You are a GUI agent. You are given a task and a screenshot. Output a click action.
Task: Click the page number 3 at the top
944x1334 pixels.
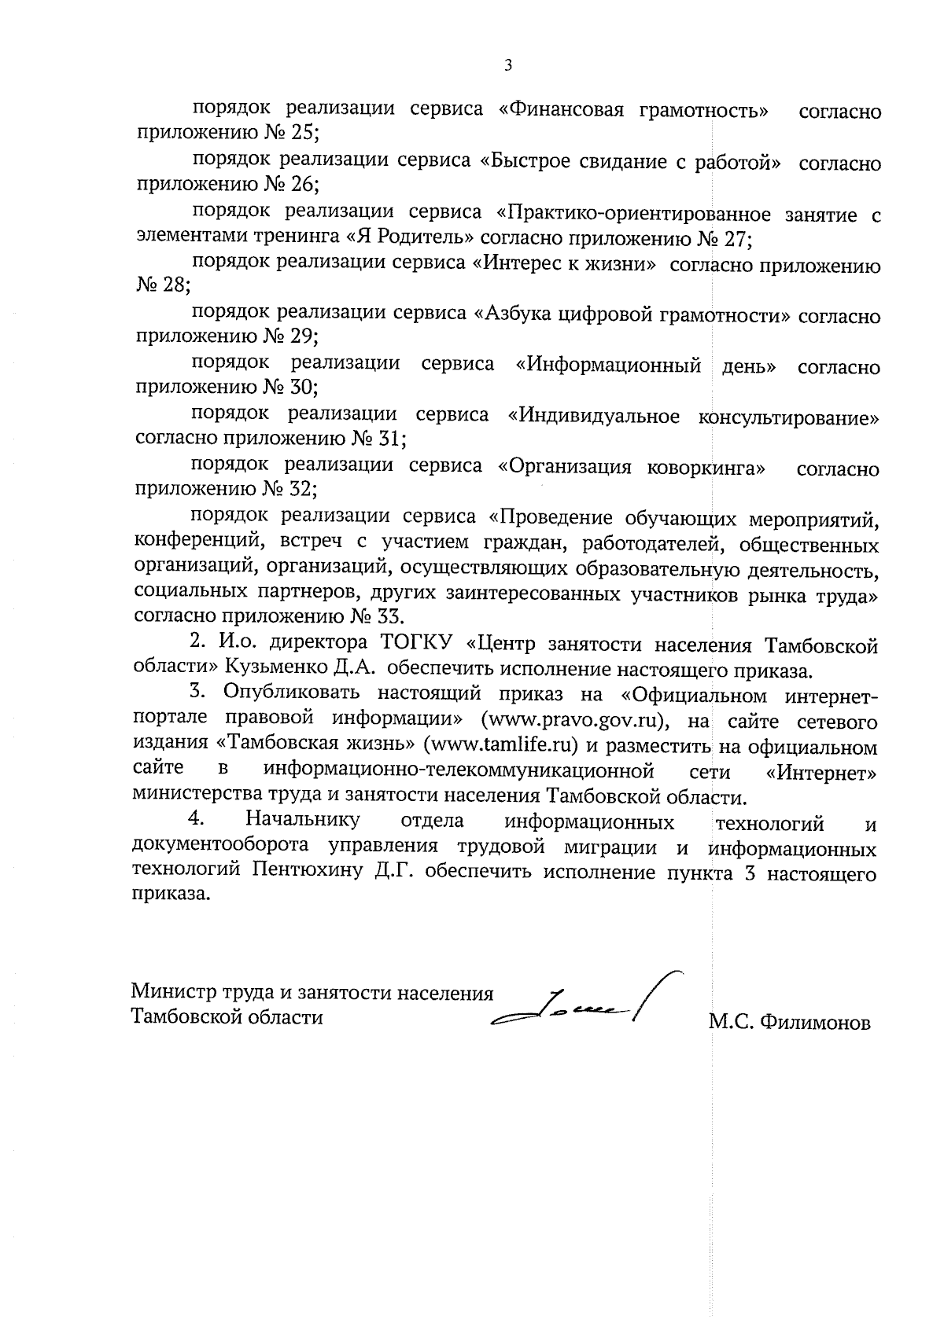[x=507, y=66]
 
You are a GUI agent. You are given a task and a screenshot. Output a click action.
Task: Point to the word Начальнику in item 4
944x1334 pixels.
[x=302, y=821]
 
